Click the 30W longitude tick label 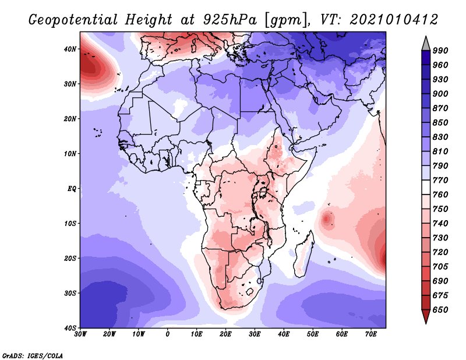pyautogui.click(x=80, y=334)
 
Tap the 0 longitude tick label pyautogui.click(x=168, y=334)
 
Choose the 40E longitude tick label pyautogui.click(x=284, y=334)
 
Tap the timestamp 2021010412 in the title pyautogui.click(x=394, y=19)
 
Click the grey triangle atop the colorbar pyautogui.click(x=426, y=43)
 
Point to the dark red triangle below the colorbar pyautogui.click(x=426, y=317)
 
